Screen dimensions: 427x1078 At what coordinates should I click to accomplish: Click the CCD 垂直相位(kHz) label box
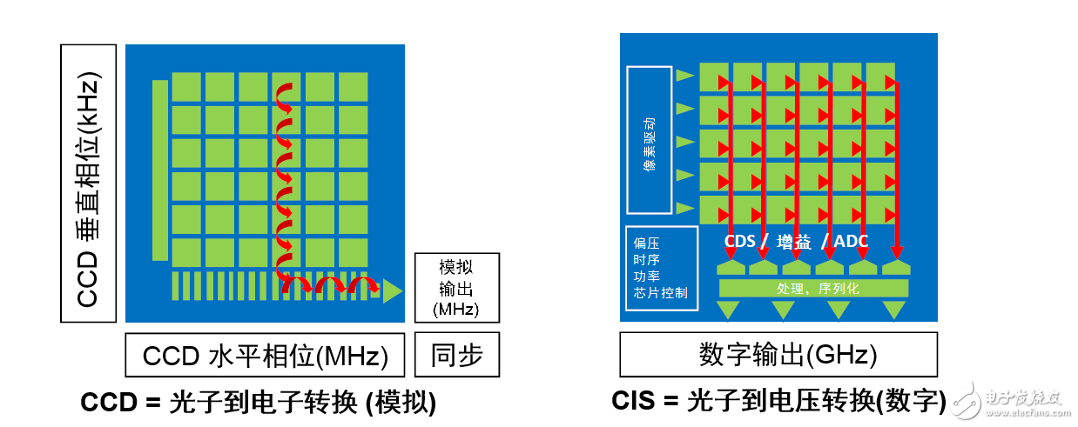click(90, 183)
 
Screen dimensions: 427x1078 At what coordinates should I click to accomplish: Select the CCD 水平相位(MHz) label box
click(265, 356)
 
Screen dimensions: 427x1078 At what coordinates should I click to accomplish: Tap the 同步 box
click(457, 355)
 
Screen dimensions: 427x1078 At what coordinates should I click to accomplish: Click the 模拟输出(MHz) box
click(457, 288)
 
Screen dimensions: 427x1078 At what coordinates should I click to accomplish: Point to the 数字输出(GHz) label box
click(778, 355)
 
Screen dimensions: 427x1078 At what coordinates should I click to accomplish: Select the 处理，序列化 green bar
click(813, 288)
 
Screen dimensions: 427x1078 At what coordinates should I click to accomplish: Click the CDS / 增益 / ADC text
click(797, 241)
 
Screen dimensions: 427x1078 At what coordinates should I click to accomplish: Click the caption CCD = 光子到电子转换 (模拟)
click(258, 403)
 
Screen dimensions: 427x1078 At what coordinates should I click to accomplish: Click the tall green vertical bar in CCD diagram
click(159, 170)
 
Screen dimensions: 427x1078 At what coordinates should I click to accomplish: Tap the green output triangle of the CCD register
click(393, 290)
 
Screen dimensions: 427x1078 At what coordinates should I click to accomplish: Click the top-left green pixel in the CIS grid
click(714, 77)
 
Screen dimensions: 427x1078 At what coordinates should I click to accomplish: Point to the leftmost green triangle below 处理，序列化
click(727, 309)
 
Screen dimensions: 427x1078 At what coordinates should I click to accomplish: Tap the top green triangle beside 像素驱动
click(685, 76)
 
